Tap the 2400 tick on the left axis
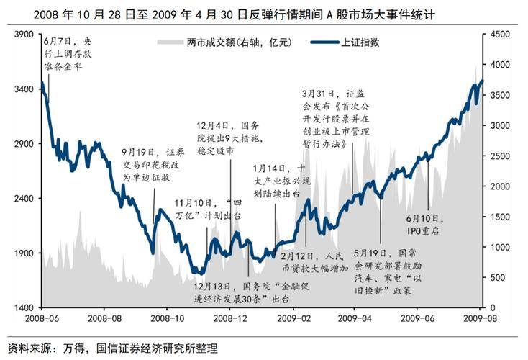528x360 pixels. (24, 199)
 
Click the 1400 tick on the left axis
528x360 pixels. (24, 308)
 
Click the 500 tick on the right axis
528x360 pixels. (500, 278)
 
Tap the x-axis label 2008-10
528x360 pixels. (167, 318)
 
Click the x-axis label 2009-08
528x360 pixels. (483, 318)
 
